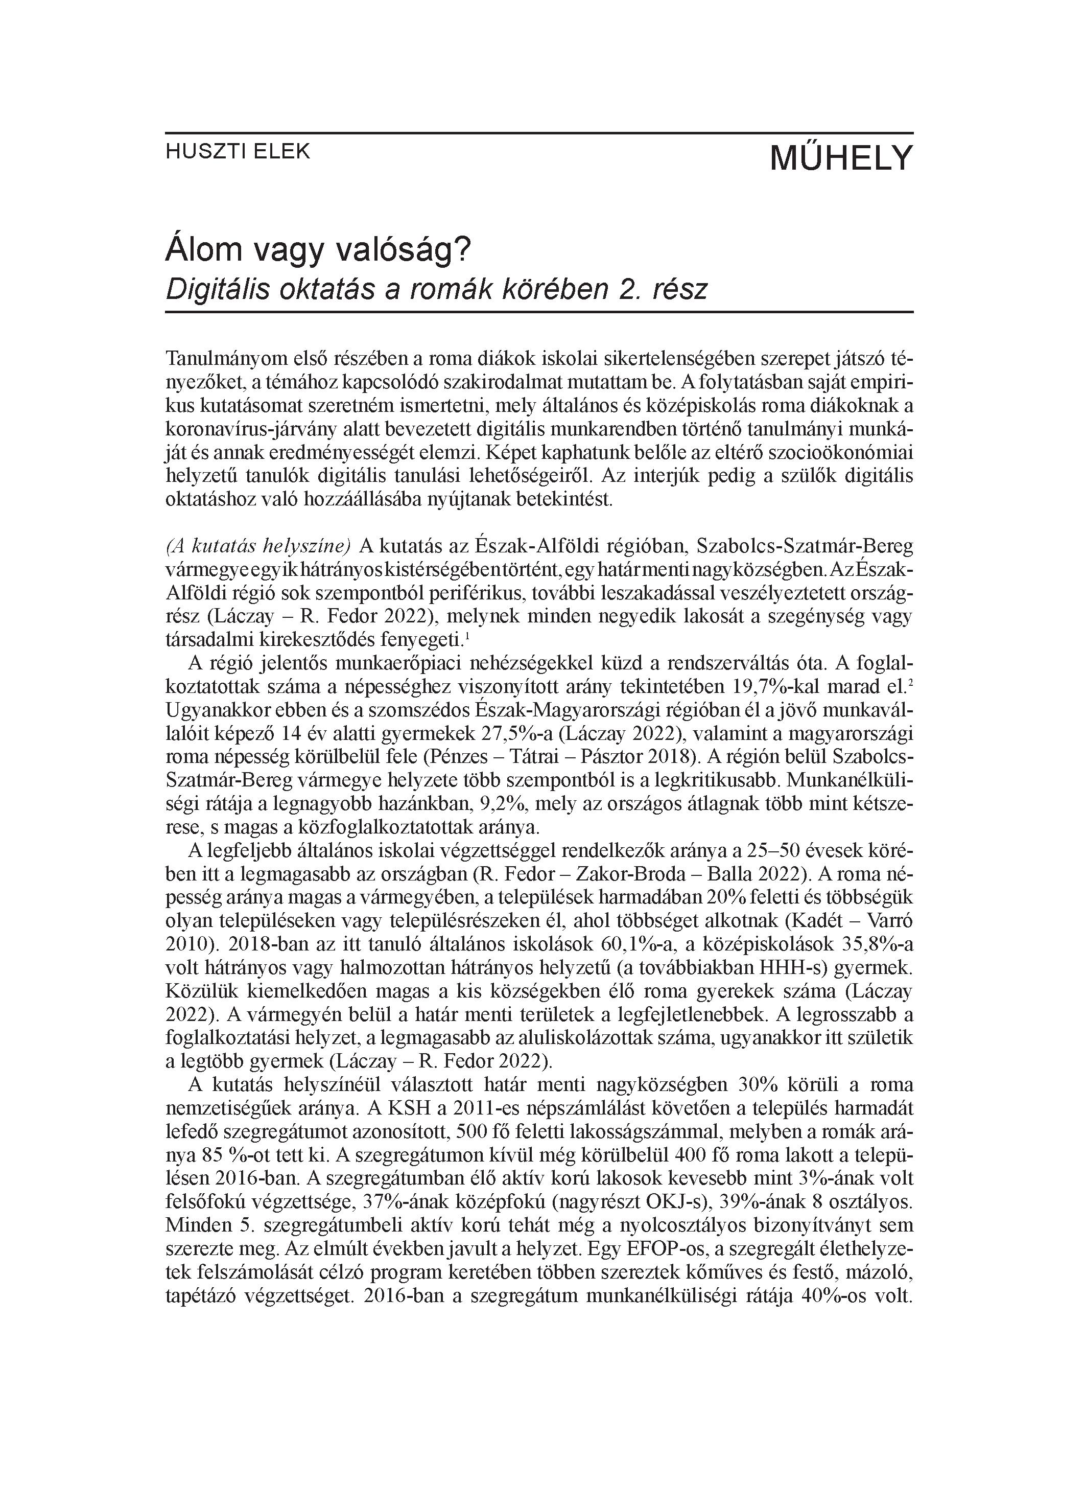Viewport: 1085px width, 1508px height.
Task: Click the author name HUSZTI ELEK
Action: [x=238, y=152]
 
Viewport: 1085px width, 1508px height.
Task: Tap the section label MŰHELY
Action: [x=841, y=158]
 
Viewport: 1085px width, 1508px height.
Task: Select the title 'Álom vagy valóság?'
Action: [x=318, y=249]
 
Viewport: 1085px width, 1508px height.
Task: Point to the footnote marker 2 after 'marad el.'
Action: [x=910, y=682]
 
